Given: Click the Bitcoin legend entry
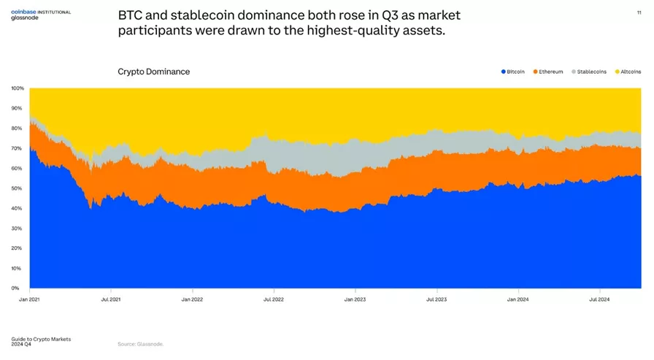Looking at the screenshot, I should pyautogui.click(x=513, y=72).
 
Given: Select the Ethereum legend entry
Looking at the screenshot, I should pyautogui.click(x=548, y=72).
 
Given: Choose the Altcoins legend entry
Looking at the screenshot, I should pyautogui.click(x=628, y=72).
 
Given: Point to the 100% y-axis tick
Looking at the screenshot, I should pyautogui.click(x=18, y=88).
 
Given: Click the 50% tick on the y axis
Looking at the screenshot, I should pyautogui.click(x=18, y=188).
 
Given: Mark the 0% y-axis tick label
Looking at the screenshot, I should pyautogui.click(x=15, y=288).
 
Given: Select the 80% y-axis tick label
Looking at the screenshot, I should pyautogui.click(x=18, y=129).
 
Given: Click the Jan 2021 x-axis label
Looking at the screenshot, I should pyautogui.click(x=29, y=299).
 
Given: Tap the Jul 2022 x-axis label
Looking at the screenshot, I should pyautogui.click(x=273, y=299).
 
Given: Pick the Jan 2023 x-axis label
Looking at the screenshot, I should pyautogui.click(x=355, y=299).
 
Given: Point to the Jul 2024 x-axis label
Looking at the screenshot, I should pyautogui.click(x=599, y=299).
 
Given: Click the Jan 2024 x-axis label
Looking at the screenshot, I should pyautogui.click(x=518, y=299).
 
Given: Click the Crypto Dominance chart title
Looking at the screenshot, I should pyautogui.click(x=153, y=72).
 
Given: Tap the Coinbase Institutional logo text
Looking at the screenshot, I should pyautogui.click(x=41, y=12).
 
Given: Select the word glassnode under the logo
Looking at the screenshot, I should pyautogui.click(x=25, y=18).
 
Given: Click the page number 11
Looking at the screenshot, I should pyautogui.click(x=639, y=12).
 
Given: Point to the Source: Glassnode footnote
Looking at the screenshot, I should pyautogui.click(x=140, y=344).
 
